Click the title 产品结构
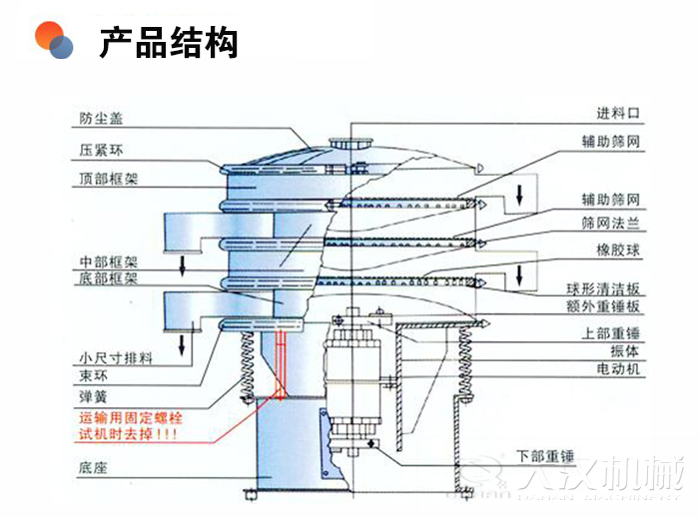tap(169, 43)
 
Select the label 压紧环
tap(101, 151)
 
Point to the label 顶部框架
tap(108, 180)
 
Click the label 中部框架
tap(108, 261)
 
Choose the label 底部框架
tap(108, 279)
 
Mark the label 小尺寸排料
tap(115, 358)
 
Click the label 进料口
tap(617, 113)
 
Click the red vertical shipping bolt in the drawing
tap(280, 359)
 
